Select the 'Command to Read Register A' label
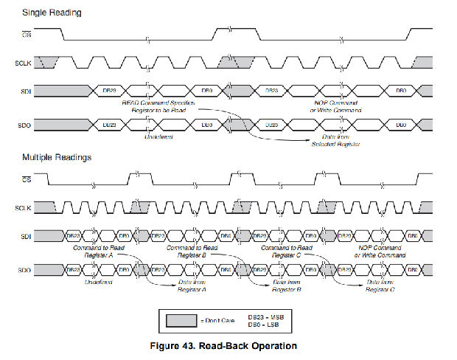click(98, 252)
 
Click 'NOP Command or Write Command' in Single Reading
click(337, 105)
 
